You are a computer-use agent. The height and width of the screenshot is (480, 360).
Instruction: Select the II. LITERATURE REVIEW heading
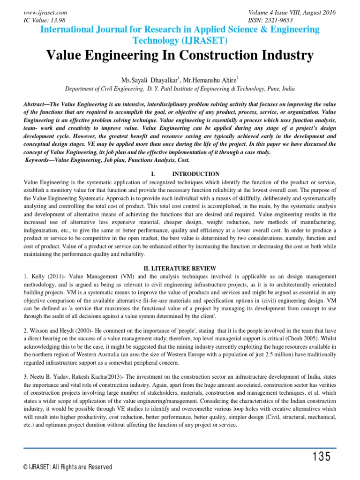pyautogui.click(x=180, y=268)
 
